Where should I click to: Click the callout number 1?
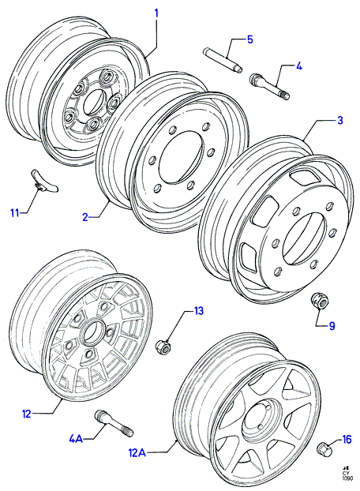point(156,13)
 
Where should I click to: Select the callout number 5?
point(249,39)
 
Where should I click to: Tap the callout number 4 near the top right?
point(299,66)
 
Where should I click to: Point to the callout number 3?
point(339,120)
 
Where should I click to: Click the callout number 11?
point(15,213)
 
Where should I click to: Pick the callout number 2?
point(86,217)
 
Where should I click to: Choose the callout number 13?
point(198,311)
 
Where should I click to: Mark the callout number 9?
point(332,326)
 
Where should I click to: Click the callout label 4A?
point(76,439)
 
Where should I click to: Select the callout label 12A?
point(137,453)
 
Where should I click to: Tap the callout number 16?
point(347,439)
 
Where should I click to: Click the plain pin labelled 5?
point(223,60)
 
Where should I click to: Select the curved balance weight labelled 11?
point(45,181)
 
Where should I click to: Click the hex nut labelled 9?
point(320,301)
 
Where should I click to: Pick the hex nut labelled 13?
point(163,345)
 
